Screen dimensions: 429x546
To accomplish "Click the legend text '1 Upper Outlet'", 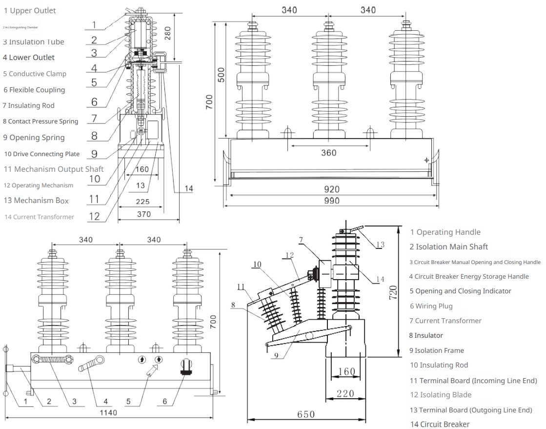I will coord(30,11).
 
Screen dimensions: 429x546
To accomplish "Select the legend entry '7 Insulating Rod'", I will coord(29,105).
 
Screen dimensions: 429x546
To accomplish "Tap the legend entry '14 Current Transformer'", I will coord(40,217).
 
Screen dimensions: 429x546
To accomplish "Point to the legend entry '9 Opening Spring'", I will coord(34,138).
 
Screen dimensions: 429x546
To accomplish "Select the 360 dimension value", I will coord(329,153).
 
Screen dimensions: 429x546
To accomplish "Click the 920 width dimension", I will coord(331,189).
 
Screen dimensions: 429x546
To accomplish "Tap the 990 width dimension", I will coord(331,201).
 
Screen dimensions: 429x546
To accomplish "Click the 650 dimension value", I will coord(306,414).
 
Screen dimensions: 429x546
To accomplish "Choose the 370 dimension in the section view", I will coord(143,214).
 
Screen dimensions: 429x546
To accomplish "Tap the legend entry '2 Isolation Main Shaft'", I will coord(448,247).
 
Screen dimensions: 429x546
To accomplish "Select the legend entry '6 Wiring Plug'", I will coord(431,306).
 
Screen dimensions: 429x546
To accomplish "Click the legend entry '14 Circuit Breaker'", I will coord(440,424).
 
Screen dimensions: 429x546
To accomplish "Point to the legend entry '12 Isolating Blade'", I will coord(440,395).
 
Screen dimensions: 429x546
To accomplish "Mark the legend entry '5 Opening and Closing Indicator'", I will coord(460,291).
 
